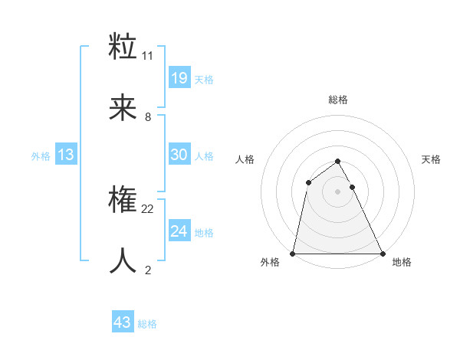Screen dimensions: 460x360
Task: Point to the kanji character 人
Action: click(123, 261)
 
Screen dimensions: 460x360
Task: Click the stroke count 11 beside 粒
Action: click(148, 56)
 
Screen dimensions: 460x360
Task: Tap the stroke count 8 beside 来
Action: click(148, 117)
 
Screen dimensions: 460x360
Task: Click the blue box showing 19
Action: click(179, 78)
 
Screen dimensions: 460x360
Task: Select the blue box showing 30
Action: click(179, 155)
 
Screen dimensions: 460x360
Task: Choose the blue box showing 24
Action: click(179, 231)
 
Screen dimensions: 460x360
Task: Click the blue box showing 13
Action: click(66, 155)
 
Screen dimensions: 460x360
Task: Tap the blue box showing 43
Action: click(123, 322)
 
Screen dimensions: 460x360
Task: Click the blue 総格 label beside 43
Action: click(147, 324)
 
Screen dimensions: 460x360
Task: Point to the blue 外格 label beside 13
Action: click(41, 156)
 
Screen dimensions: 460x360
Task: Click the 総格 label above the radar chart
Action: click(338, 100)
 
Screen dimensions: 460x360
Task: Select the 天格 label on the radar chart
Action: click(431, 159)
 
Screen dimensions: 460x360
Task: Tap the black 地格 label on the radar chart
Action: click(402, 262)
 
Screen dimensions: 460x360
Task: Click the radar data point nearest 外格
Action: click(294, 253)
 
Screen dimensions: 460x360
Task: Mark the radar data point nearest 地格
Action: click(382, 253)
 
